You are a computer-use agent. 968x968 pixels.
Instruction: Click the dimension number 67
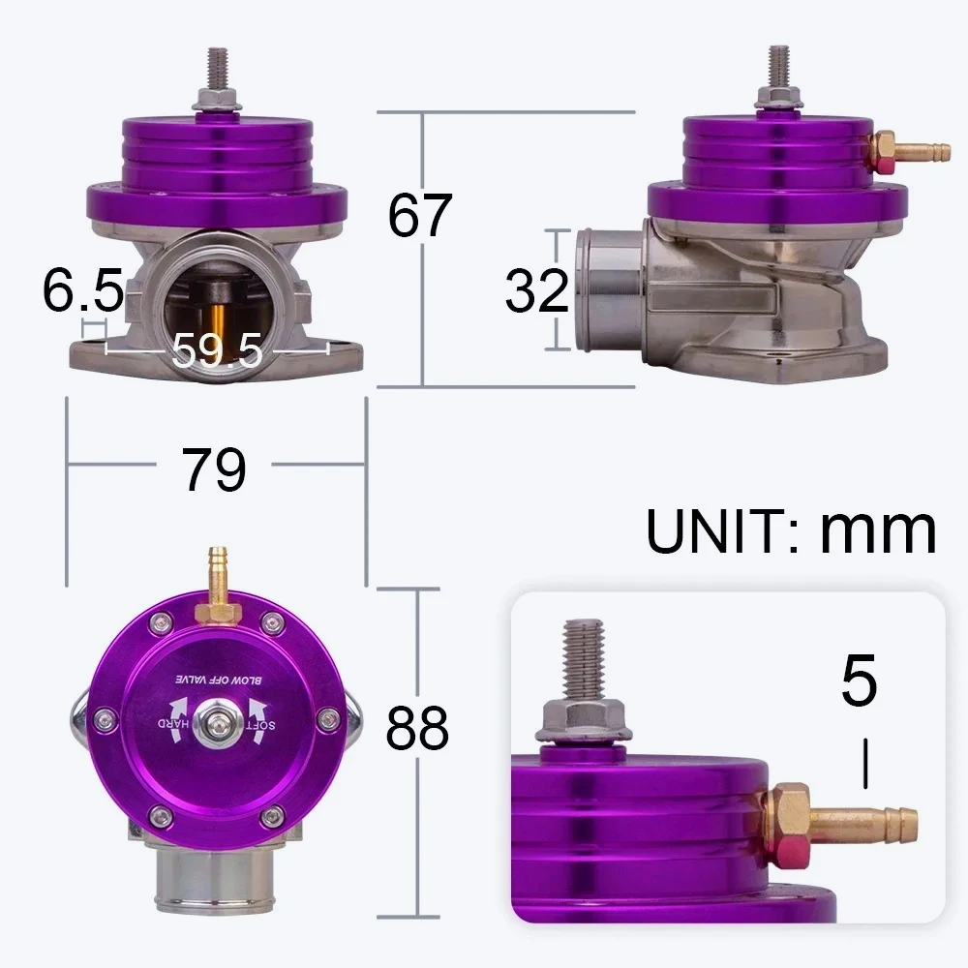419,215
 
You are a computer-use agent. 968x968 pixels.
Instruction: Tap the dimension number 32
535,289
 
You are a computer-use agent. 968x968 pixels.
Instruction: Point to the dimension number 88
417,728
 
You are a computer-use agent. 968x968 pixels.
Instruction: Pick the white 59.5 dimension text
217,350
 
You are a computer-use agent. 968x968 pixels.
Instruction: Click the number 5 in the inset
858,681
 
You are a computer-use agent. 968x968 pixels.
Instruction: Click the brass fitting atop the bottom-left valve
216,587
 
